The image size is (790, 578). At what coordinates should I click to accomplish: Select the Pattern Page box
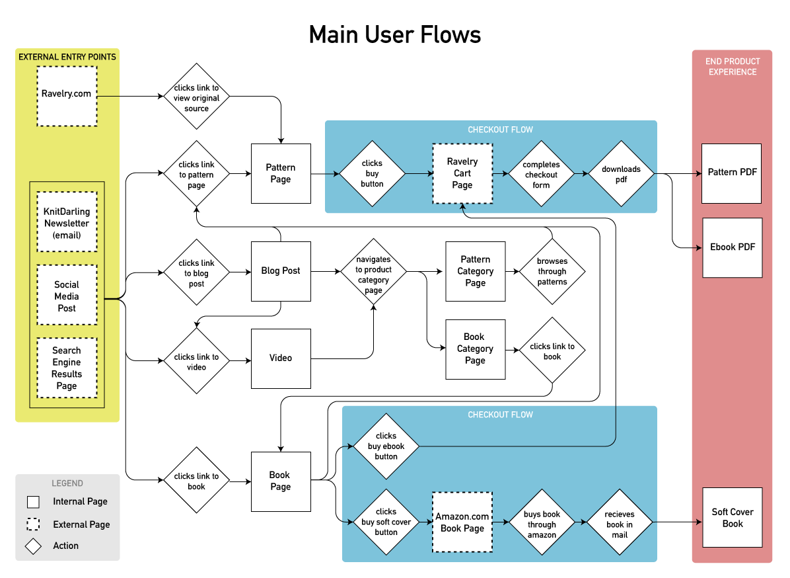click(x=281, y=173)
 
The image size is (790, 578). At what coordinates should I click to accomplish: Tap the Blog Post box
click(x=281, y=271)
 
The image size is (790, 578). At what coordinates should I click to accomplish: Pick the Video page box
click(x=281, y=358)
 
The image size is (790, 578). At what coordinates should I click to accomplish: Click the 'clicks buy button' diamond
click(x=372, y=174)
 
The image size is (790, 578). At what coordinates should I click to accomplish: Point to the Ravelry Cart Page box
click(x=462, y=173)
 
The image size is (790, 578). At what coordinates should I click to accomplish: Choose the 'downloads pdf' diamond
click(x=621, y=174)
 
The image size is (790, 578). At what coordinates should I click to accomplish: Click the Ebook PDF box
click(x=732, y=247)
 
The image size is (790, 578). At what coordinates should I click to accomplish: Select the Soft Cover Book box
click(x=732, y=517)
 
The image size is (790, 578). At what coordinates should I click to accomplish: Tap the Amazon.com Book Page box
click(x=462, y=522)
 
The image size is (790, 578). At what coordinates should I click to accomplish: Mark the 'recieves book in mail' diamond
click(x=620, y=522)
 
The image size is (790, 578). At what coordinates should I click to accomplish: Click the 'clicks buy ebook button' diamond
click(x=386, y=446)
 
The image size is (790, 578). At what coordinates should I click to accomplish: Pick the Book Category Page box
click(x=475, y=349)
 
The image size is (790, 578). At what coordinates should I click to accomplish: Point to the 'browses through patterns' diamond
click(x=552, y=271)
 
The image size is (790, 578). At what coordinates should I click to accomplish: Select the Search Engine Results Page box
click(x=67, y=368)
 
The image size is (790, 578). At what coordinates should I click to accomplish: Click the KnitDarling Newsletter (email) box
click(x=67, y=222)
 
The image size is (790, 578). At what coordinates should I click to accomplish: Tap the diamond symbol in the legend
click(x=33, y=546)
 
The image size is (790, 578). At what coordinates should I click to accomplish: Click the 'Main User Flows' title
click(x=395, y=34)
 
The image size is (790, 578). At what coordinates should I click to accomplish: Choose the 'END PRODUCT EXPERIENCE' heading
click(x=732, y=66)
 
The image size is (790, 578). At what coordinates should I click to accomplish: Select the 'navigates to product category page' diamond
click(x=373, y=271)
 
